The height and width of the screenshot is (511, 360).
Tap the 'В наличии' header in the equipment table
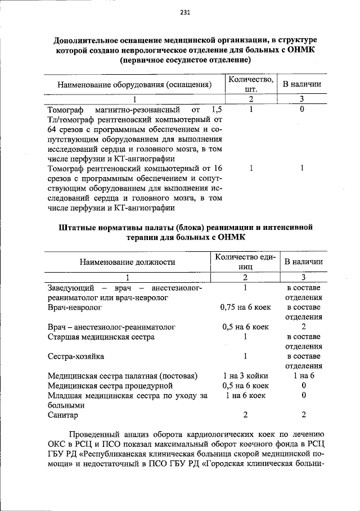[302, 84]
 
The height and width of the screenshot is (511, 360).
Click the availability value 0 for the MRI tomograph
[302, 110]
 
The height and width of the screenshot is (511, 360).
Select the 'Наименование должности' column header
[127, 262]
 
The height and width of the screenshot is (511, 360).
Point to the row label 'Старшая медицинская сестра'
[101, 337]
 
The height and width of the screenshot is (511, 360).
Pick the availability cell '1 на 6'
[303, 376]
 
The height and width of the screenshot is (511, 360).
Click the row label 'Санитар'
[63, 415]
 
